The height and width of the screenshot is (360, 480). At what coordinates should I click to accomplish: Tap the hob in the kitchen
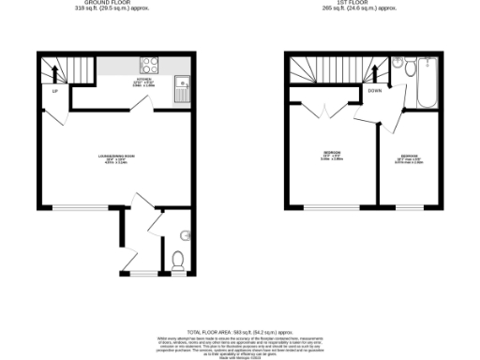[x=149, y=66]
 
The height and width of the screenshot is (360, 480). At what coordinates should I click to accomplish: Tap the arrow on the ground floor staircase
[x=54, y=70]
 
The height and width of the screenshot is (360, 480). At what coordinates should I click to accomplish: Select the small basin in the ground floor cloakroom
[x=184, y=233]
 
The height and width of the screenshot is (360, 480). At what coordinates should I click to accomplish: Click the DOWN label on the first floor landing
[x=375, y=91]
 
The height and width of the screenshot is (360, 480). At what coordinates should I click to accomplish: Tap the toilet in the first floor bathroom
[x=398, y=67]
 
